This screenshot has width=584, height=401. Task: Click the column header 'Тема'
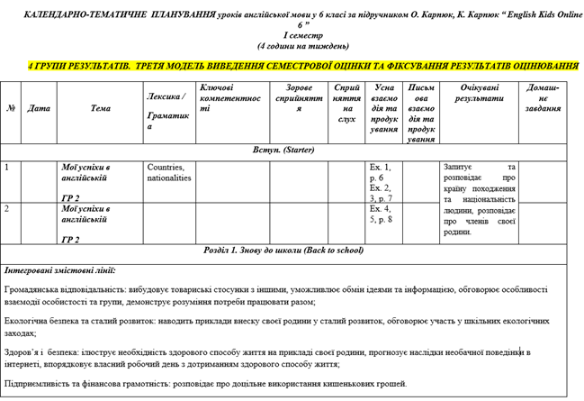101,108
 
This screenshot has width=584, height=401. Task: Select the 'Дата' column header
39,108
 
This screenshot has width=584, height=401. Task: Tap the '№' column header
11,108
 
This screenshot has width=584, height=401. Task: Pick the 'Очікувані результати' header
479,93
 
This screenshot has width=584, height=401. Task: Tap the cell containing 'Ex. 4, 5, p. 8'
381,214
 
